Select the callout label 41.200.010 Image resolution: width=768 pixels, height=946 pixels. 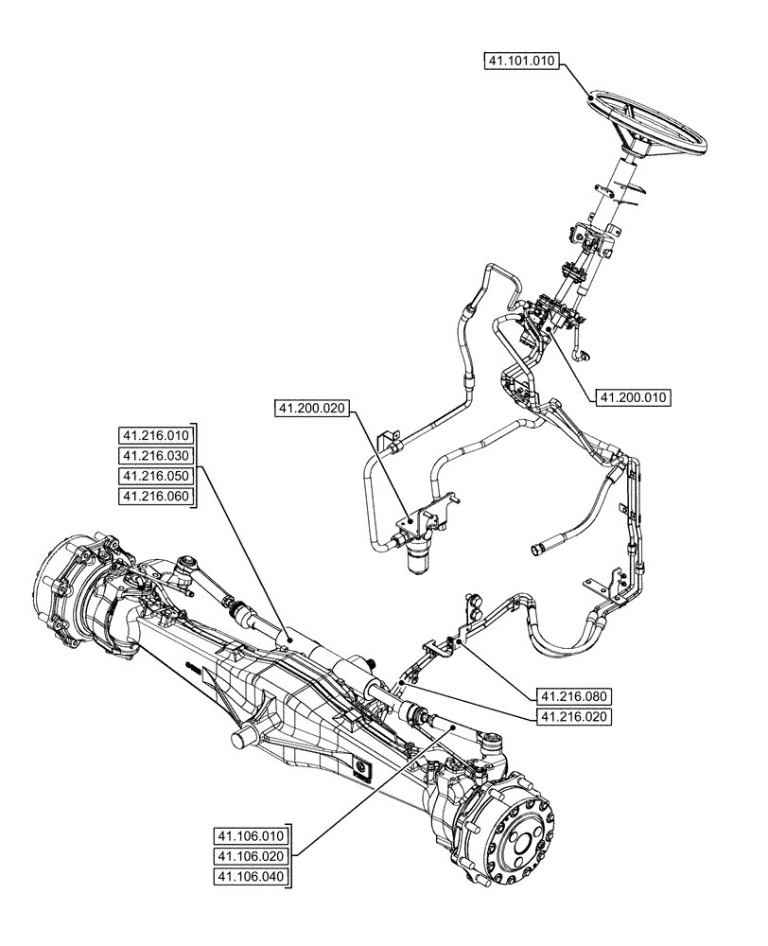[x=634, y=397]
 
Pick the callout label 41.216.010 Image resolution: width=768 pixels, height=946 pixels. [x=156, y=435]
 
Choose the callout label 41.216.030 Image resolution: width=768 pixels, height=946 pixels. [x=156, y=455]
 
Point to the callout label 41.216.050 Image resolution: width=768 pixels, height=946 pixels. [x=156, y=476]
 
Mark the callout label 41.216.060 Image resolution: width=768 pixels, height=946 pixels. [x=156, y=497]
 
